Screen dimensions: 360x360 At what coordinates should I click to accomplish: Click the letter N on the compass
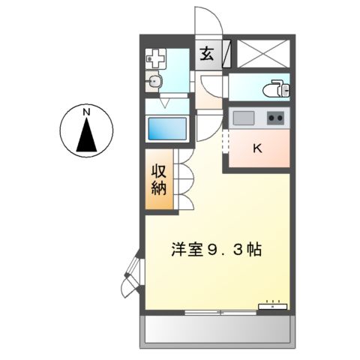click(x=87, y=112)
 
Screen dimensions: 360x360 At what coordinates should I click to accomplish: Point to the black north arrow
click(x=87, y=135)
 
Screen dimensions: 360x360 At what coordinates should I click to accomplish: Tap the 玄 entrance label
click(x=205, y=54)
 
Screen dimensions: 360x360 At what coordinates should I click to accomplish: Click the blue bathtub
click(x=166, y=129)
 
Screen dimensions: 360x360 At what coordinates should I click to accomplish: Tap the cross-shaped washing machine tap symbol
click(x=155, y=56)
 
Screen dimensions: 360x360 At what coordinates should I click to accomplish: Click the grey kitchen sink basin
click(x=244, y=118)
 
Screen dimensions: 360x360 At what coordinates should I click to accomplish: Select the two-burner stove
click(x=275, y=118)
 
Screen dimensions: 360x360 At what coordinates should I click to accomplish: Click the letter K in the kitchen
click(x=257, y=148)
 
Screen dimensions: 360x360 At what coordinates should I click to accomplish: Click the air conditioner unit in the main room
click(x=273, y=306)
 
